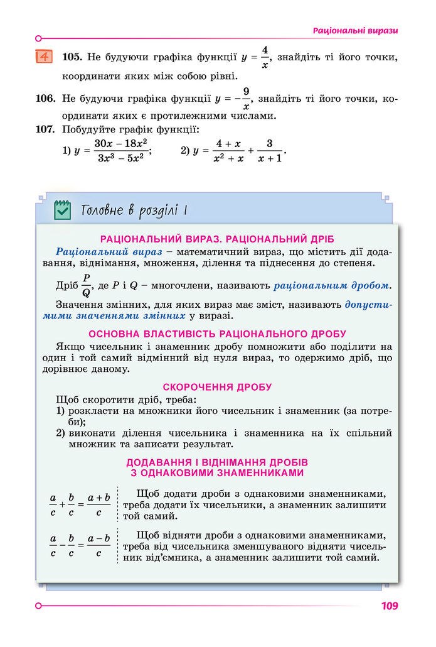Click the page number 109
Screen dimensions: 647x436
click(389, 606)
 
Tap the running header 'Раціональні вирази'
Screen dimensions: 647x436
click(355, 30)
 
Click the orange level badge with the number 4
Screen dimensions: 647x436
click(45, 57)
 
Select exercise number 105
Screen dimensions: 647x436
click(72, 57)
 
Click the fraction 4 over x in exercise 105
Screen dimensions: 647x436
click(265, 57)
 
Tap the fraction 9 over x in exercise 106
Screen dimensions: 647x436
click(247, 99)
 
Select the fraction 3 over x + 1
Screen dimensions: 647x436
click(269, 151)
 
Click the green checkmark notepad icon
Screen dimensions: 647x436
click(62, 209)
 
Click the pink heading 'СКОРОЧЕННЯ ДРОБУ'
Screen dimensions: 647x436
click(217, 387)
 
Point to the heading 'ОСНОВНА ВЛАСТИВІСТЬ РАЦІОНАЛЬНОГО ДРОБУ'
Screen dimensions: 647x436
click(217, 334)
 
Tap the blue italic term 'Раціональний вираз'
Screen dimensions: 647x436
click(97, 251)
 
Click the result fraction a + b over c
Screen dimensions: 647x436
click(99, 504)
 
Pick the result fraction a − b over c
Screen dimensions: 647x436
click(99, 545)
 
